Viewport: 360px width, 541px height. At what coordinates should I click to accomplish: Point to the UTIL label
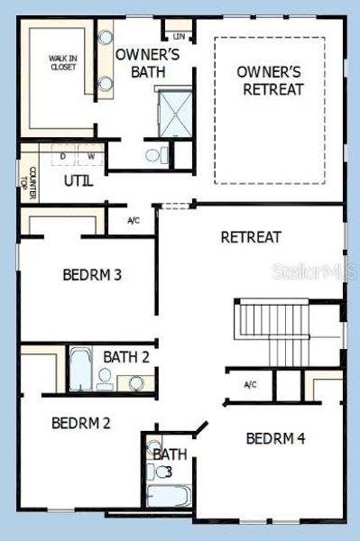tap(78, 180)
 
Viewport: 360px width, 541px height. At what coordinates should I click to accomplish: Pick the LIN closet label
tap(179, 37)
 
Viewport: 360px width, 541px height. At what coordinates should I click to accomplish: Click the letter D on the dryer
tap(63, 156)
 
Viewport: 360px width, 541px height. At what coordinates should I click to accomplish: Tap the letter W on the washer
tap(89, 156)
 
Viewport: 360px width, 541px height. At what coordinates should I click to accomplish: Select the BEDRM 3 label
tap(92, 275)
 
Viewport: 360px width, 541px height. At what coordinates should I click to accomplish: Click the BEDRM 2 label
tap(80, 422)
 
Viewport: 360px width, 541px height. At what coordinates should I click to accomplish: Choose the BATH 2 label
tap(125, 357)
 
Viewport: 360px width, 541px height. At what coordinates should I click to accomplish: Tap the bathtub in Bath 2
tap(80, 369)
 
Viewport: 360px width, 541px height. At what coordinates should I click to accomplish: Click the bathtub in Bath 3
tap(171, 495)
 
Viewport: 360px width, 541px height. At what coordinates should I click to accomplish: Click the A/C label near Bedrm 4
tap(251, 385)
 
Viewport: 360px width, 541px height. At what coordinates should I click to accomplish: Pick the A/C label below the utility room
tap(134, 220)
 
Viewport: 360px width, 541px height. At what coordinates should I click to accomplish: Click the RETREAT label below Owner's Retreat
tap(251, 237)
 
